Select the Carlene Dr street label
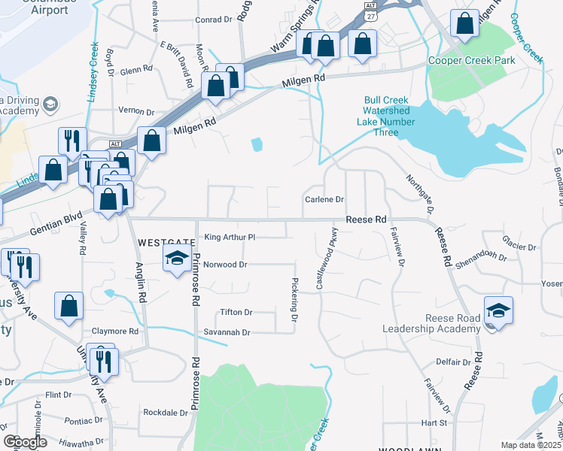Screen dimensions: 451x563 point(324,199)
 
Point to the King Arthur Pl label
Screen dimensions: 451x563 point(231,237)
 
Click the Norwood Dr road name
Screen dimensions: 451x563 point(225,265)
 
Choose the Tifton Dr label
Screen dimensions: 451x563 point(236,312)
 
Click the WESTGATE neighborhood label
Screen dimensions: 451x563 point(167,242)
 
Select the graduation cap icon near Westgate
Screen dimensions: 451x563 point(177,259)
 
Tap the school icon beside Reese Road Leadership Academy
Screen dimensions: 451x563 point(498,310)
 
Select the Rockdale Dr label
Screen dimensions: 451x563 point(166,413)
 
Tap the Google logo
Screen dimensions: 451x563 point(26,442)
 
